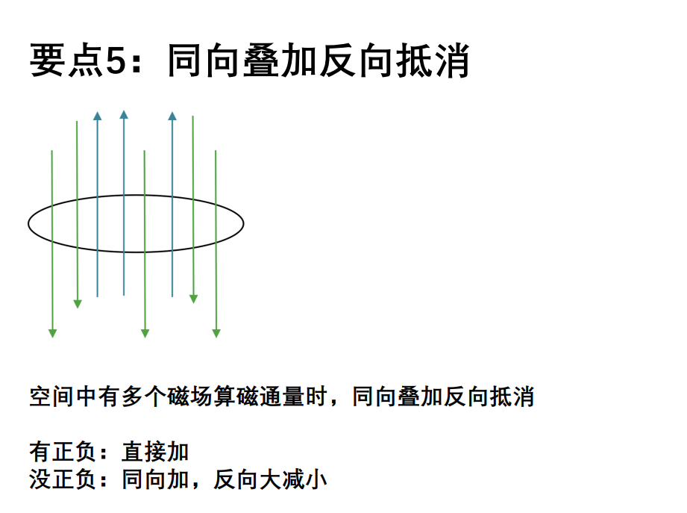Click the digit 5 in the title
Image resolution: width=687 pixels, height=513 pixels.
[x=116, y=60]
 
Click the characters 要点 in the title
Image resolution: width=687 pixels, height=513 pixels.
[x=66, y=60]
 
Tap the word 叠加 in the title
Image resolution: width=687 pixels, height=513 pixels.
[x=280, y=60]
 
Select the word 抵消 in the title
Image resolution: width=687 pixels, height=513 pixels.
[x=433, y=60]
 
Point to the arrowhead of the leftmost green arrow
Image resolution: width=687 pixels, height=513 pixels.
[x=52, y=334]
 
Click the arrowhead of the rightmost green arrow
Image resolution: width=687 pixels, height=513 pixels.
[x=216, y=334]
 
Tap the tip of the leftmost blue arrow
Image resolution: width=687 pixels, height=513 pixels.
[x=97, y=111]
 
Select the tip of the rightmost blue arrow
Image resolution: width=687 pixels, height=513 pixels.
[x=172, y=111]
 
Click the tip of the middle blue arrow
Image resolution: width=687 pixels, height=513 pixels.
[x=124, y=111]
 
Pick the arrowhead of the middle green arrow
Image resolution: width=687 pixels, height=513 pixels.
[x=145, y=334]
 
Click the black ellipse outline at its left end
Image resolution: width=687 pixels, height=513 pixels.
[x=28, y=223]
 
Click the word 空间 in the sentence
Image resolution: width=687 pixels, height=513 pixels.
[x=51, y=397]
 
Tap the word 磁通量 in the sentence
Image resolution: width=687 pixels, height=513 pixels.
[x=270, y=397]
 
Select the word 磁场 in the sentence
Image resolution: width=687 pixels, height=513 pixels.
[x=189, y=397]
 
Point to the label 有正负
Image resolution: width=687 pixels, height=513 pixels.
[x=63, y=452]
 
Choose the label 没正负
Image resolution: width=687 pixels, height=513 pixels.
[x=63, y=479]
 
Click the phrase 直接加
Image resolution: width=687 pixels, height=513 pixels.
[x=155, y=452]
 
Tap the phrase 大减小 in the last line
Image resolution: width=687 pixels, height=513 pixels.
[x=294, y=479]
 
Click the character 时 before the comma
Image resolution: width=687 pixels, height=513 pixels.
[x=316, y=397]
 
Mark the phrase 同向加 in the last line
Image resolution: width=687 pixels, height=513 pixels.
[x=155, y=479]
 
